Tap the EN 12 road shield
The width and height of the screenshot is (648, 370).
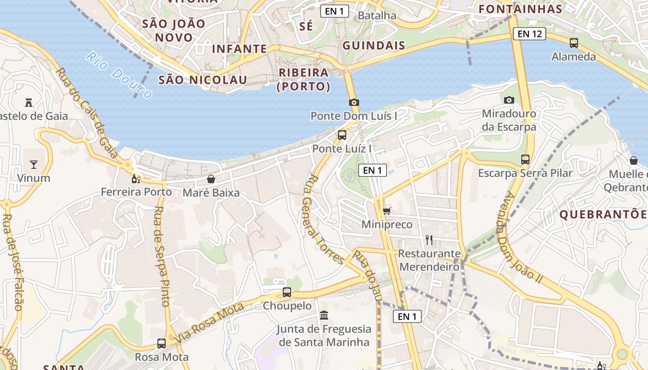[530, 33]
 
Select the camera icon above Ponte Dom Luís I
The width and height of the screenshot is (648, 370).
[354, 103]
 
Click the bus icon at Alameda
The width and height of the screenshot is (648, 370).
[574, 43]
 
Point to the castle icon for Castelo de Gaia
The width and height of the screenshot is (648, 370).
[29, 102]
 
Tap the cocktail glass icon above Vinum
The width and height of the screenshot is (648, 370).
[33, 164]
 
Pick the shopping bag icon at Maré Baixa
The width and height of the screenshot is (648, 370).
[211, 179]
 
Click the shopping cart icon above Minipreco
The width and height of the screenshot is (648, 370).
[386, 211]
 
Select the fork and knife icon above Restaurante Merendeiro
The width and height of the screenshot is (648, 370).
[429, 240]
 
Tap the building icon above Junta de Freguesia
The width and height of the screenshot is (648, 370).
[324, 315]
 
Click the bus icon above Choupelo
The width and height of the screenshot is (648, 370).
[287, 292]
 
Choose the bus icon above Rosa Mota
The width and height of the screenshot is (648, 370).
[162, 343]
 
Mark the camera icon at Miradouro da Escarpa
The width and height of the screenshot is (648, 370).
[509, 100]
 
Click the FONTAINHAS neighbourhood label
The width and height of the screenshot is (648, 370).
[520, 9]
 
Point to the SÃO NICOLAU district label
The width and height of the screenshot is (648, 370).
[203, 80]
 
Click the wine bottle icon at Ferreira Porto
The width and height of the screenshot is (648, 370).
[136, 179]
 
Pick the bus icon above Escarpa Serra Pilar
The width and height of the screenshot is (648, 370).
[525, 160]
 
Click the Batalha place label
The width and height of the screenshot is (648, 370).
[377, 15]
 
